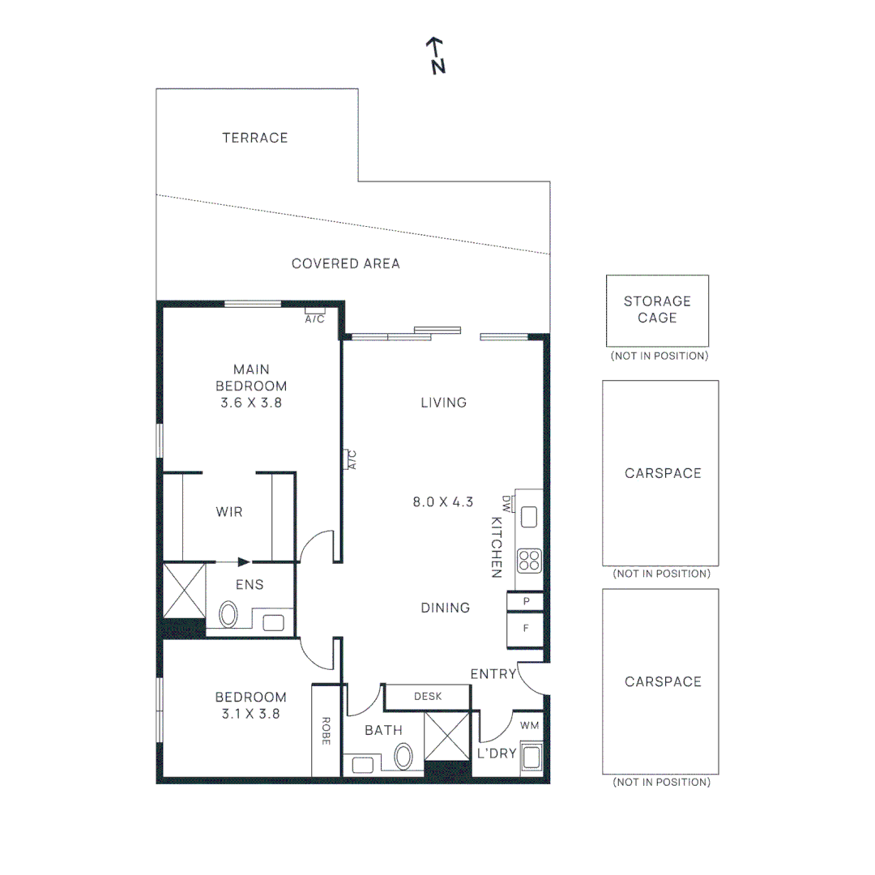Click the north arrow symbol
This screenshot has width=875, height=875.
click(x=437, y=55)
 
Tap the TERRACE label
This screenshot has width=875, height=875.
click(x=255, y=138)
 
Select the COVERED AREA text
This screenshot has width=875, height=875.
click(x=346, y=263)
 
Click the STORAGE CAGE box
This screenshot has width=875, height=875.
click(x=657, y=310)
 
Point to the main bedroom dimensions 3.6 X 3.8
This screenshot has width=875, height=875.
click(x=251, y=402)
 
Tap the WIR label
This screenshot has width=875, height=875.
click(x=228, y=512)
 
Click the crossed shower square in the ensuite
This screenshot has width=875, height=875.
click(x=185, y=590)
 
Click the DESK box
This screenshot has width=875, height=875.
click(x=427, y=697)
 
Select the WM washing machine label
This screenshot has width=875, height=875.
click(x=529, y=725)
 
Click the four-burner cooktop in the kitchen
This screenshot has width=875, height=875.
click(x=529, y=560)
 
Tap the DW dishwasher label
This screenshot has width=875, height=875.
click(x=507, y=503)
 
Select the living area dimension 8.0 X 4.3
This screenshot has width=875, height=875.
click(x=442, y=502)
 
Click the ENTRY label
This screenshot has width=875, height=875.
click(x=493, y=674)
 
